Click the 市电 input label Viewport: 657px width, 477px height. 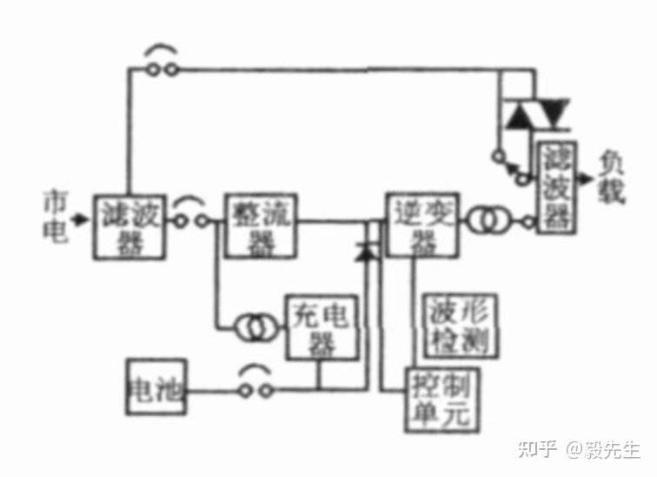pyautogui.click(x=55, y=218)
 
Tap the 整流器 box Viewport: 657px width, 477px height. pyautogui.click(x=260, y=225)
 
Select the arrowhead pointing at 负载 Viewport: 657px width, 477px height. pyautogui.click(x=588, y=178)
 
